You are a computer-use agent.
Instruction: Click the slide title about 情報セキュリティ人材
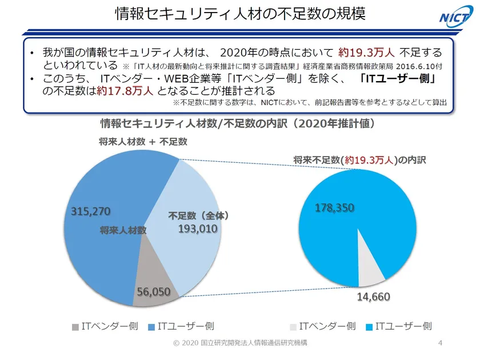point(239,14)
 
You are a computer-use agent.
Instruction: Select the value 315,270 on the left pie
point(90,211)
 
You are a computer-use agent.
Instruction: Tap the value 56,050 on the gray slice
point(154,291)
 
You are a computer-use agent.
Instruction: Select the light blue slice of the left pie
point(189,251)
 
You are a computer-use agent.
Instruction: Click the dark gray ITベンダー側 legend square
point(75,327)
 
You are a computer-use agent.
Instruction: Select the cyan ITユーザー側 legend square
point(369,327)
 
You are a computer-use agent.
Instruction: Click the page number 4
point(439,343)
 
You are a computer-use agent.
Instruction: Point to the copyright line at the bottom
point(239,343)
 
